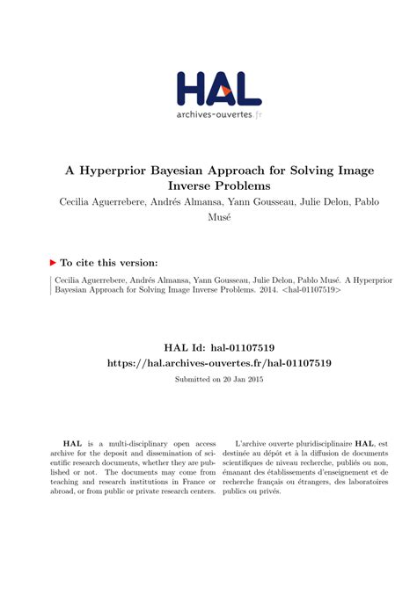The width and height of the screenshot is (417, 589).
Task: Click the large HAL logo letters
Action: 218,90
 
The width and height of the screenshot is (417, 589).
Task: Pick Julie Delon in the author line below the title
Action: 325,204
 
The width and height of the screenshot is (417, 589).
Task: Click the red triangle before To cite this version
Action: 53,262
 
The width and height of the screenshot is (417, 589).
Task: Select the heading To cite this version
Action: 110,262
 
